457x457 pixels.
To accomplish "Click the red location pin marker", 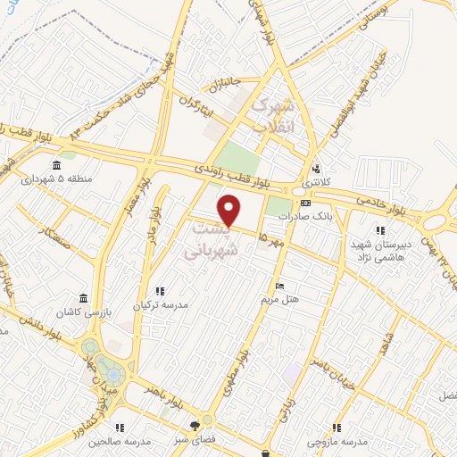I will point(231,210).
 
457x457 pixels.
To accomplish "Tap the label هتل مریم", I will point(280,300).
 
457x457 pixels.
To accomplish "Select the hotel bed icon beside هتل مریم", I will point(280,287).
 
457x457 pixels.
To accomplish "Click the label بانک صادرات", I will point(298,217).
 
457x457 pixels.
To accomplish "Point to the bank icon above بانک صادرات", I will point(305,204).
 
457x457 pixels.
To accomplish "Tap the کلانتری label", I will point(316,182).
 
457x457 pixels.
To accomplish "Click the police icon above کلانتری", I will point(316,169).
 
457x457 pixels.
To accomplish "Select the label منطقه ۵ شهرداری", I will point(57,178).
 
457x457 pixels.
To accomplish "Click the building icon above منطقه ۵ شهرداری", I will point(57,164).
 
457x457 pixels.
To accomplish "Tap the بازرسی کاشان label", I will point(83,311).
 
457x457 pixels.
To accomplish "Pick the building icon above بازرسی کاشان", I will point(83,297).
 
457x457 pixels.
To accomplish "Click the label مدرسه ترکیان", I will point(161,304).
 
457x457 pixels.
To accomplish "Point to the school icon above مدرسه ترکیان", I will point(161,291).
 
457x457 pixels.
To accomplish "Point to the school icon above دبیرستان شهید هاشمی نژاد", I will point(380,231).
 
